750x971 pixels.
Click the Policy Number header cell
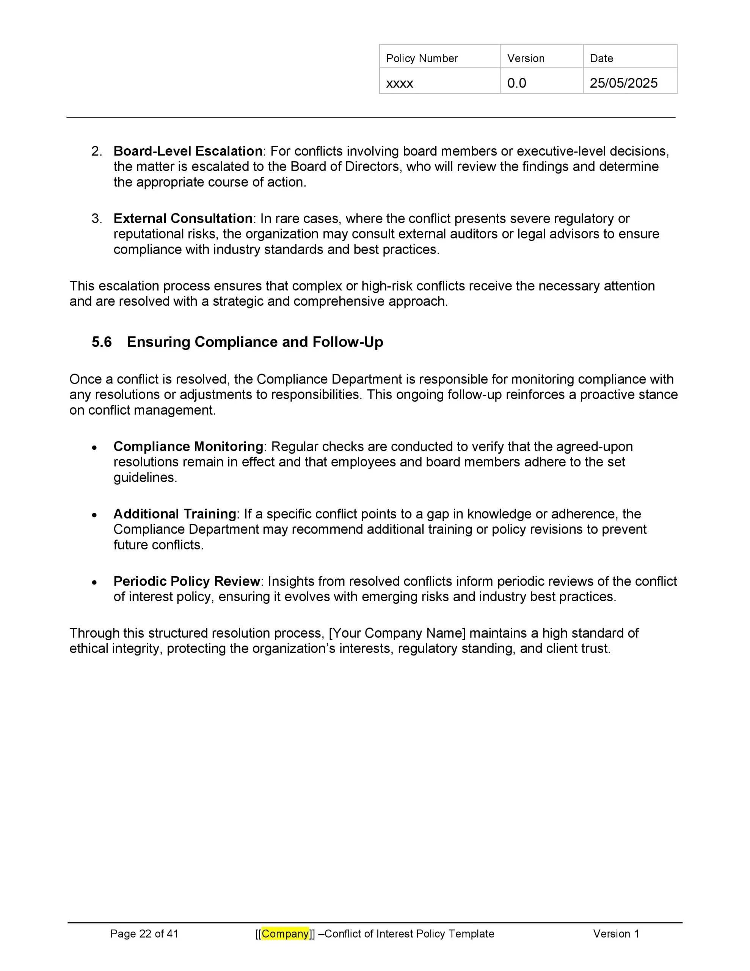tap(422, 58)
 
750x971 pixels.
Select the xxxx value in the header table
tap(399, 83)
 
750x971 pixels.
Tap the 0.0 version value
tap(516, 83)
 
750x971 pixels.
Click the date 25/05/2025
tap(623, 83)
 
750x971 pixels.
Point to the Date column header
tap(601, 58)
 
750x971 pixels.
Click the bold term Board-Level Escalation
tap(188, 151)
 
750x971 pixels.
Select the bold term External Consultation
tap(183, 219)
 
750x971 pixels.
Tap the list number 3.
tap(96, 219)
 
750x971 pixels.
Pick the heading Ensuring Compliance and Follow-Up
tap(255, 342)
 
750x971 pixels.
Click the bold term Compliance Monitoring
tap(188, 446)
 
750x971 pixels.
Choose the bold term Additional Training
tap(175, 514)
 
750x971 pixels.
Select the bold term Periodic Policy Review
tap(186, 581)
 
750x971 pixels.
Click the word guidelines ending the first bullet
tap(144, 478)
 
